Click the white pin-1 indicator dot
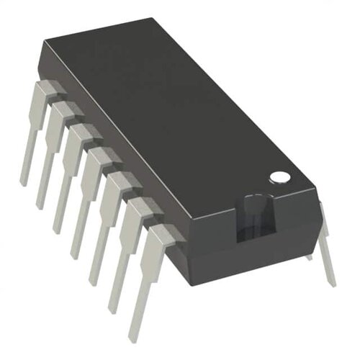tap(279, 175)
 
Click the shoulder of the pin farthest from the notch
tap(46, 91)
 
